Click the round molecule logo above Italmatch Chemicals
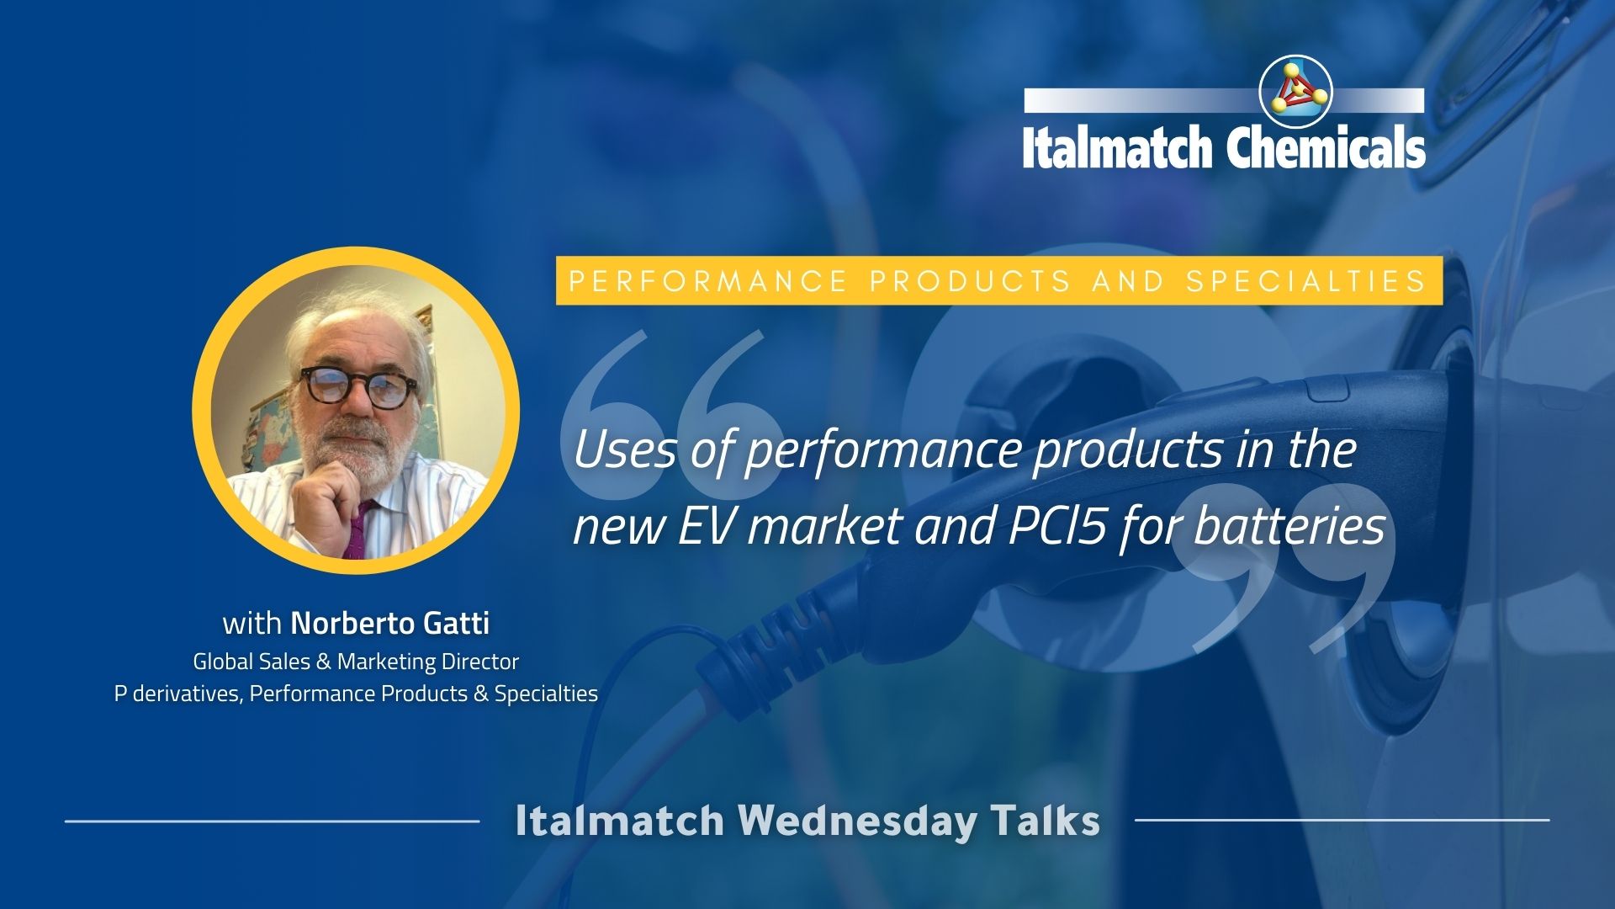[1296, 93]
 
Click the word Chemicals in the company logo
[1326, 147]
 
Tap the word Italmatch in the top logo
[1117, 148]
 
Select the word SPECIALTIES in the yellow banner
[1306, 281]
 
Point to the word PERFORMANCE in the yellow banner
[707, 281]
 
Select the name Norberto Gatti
[390, 624]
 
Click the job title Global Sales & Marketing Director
[356, 662]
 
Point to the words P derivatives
[177, 694]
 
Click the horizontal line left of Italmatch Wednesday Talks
[272, 820]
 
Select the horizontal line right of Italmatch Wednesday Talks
[1342, 819]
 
